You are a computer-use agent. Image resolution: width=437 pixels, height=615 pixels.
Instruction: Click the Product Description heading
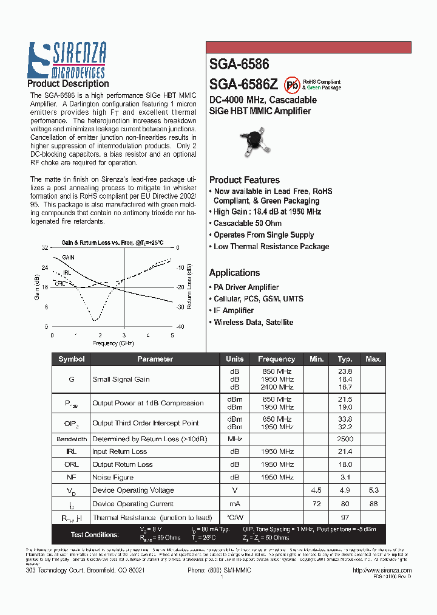pyautogui.click(x=68, y=84)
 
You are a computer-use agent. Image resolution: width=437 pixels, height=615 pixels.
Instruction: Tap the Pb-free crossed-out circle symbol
pyautogui.click(x=292, y=84)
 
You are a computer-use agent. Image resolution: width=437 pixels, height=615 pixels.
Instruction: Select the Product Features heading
pyautogui.click(x=244, y=180)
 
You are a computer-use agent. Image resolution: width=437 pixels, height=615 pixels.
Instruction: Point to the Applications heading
pyautogui.click(x=234, y=273)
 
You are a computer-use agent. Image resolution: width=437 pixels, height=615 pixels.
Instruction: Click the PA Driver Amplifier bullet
pyautogui.click(x=246, y=287)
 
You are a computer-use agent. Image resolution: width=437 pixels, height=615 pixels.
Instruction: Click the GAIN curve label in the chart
pyautogui.click(x=68, y=258)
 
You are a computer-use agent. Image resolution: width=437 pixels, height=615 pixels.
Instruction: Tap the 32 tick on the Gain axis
pyautogui.click(x=45, y=248)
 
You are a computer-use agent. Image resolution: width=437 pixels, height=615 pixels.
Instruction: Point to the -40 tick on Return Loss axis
pyautogui.click(x=180, y=327)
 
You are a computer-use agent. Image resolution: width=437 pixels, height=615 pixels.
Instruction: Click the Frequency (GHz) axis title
pyautogui.click(x=113, y=343)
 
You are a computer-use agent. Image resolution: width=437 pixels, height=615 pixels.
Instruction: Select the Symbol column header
pyautogui.click(x=71, y=359)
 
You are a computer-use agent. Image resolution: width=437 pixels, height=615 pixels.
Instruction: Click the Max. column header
pyautogui.click(x=373, y=359)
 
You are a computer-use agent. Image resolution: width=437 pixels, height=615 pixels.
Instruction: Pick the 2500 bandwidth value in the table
pyautogui.click(x=345, y=439)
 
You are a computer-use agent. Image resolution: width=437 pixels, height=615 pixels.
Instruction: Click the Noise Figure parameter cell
pyautogui.click(x=113, y=478)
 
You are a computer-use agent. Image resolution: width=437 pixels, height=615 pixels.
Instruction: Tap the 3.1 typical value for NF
pyautogui.click(x=345, y=478)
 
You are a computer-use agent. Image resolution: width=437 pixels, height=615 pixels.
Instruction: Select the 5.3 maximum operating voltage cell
pyautogui.click(x=373, y=490)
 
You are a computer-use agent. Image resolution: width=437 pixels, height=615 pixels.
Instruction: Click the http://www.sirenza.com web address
pyautogui.click(x=382, y=571)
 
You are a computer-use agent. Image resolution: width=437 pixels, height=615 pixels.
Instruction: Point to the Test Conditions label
pyautogui.click(x=94, y=535)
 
